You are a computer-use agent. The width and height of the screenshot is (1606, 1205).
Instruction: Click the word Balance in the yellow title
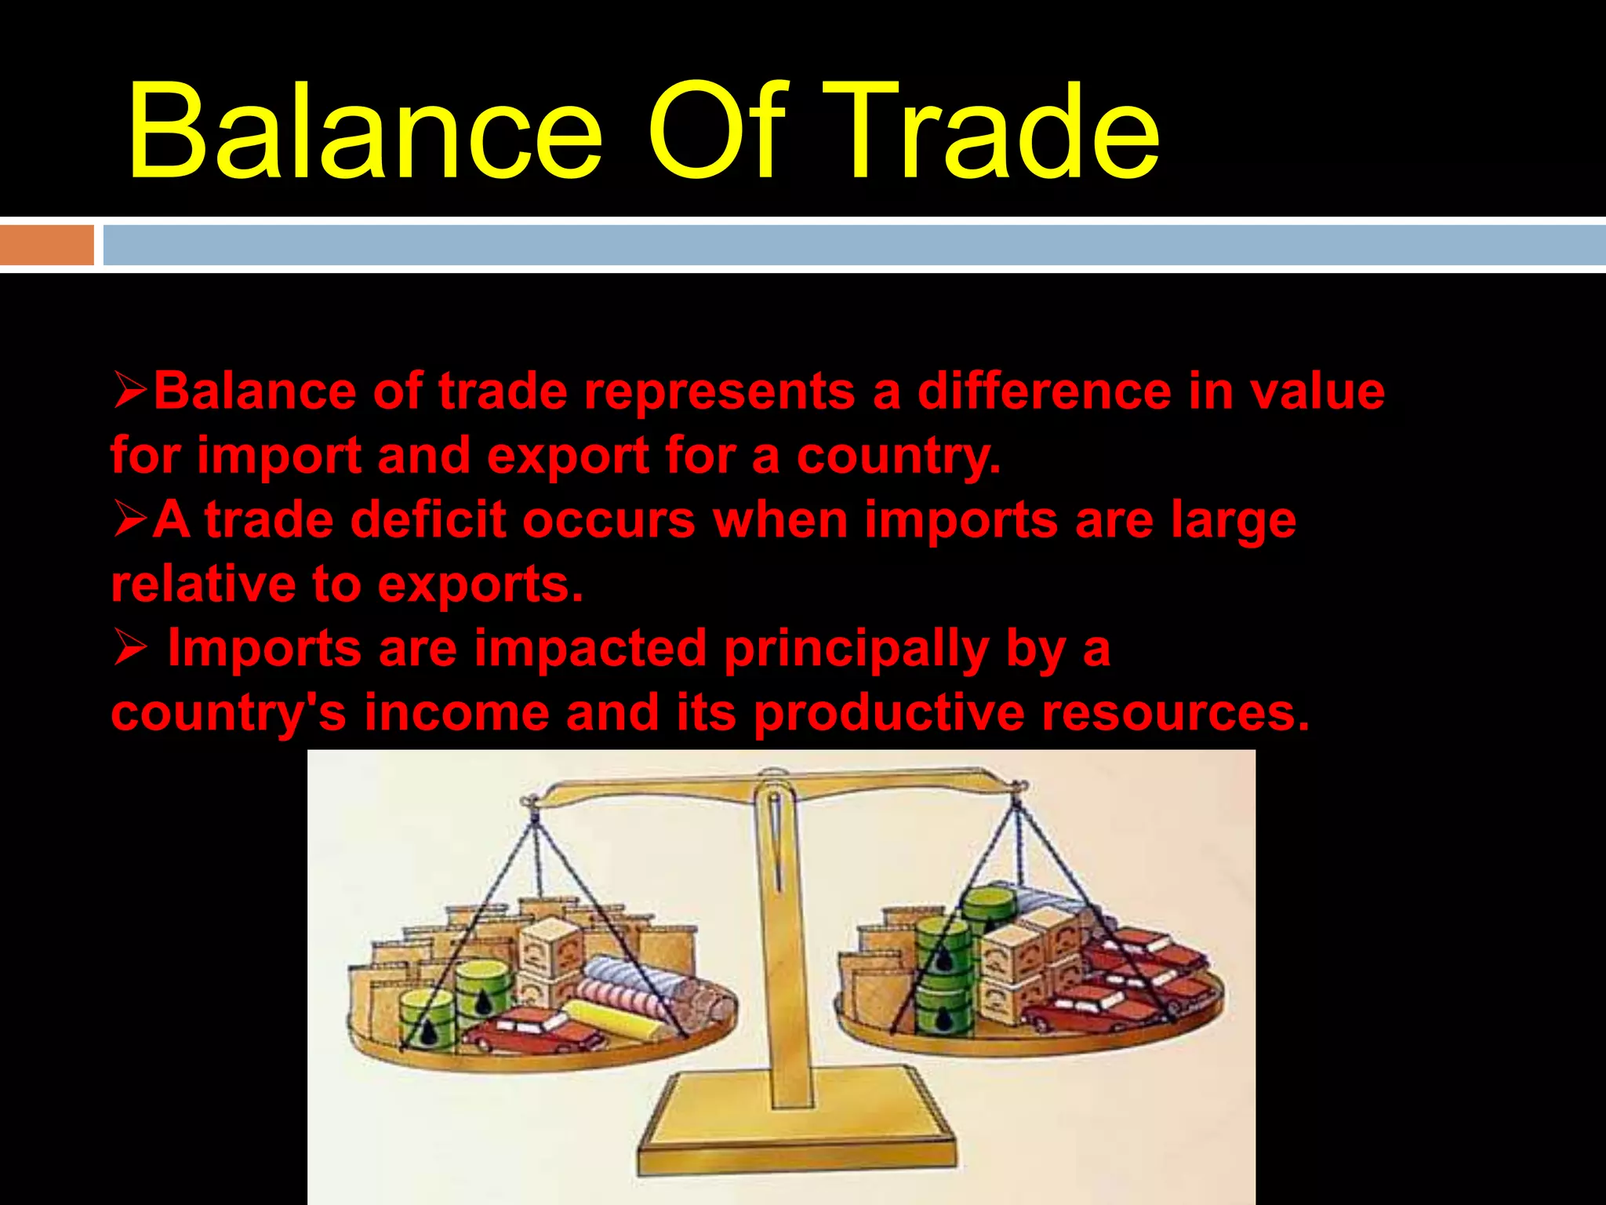click(365, 132)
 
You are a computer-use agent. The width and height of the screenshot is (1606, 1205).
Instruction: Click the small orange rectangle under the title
click(46, 245)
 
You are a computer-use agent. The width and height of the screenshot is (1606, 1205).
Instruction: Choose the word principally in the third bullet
click(856, 650)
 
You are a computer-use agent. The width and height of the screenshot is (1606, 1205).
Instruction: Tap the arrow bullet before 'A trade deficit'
click(129, 520)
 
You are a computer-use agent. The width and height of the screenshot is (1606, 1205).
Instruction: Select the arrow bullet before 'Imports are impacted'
click(129, 649)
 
